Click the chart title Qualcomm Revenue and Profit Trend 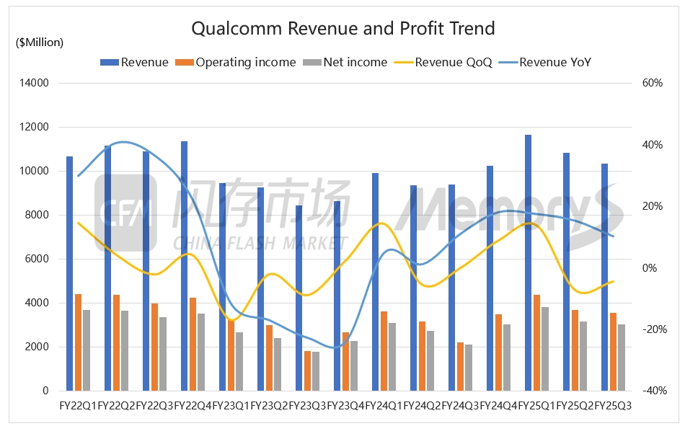point(342,29)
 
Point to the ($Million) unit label point(40,43)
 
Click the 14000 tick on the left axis point(33,84)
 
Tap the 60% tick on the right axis point(652,84)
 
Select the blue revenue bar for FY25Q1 point(529,262)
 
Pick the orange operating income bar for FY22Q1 point(78,342)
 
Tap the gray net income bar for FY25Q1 point(545,349)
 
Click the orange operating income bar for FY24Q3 point(460,366)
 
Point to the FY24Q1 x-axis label point(384,406)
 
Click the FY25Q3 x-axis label point(613,406)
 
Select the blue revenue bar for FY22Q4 point(185,266)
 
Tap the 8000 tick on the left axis point(36,215)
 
